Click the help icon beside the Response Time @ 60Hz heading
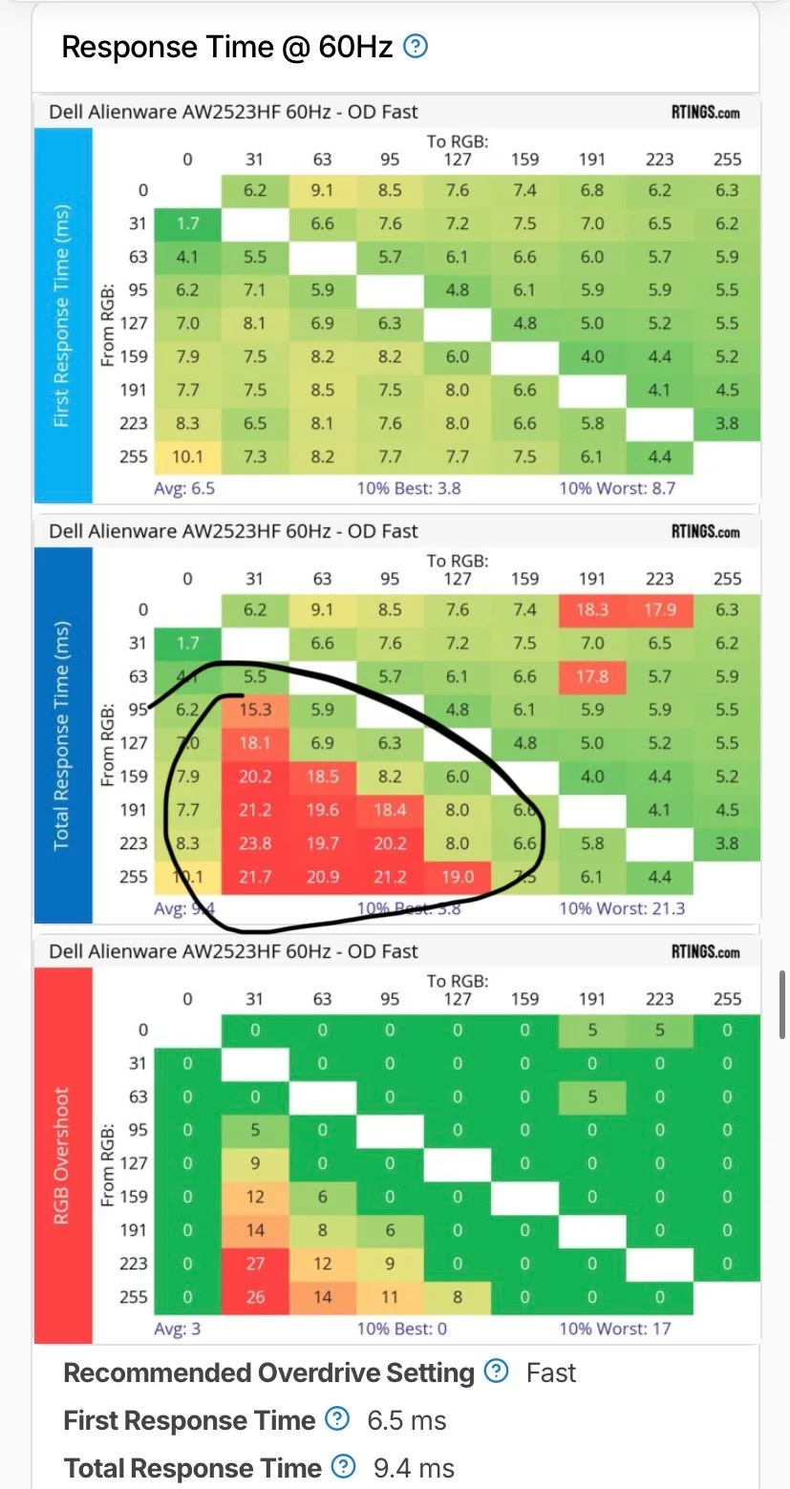tap(416, 46)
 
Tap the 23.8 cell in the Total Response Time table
tap(255, 842)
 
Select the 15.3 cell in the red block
tap(255, 710)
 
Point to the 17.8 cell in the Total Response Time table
tap(592, 676)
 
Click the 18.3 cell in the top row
tap(592, 609)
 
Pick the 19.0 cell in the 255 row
tap(458, 877)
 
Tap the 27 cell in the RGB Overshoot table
tap(255, 1263)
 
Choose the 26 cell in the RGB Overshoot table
tap(255, 1296)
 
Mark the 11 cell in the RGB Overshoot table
tap(390, 1296)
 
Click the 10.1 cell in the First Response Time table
tap(187, 457)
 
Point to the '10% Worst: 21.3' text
tap(622, 907)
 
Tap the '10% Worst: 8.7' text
tap(618, 487)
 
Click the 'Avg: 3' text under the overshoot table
tap(177, 1329)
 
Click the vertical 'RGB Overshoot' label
tap(63, 1156)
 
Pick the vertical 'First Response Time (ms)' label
tap(63, 314)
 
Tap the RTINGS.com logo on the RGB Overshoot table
tap(705, 952)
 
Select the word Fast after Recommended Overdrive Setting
tap(551, 1372)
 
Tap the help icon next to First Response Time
tap(337, 1420)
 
